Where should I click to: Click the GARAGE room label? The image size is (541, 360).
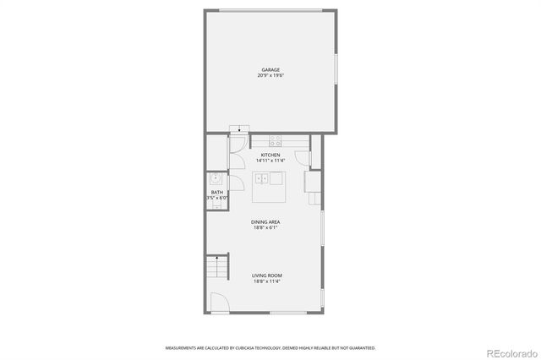pos(270,70)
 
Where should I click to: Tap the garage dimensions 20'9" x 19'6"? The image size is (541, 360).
pos(270,76)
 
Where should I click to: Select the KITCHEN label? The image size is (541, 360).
pos(270,155)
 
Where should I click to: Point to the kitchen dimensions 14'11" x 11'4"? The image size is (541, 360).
pos(270,161)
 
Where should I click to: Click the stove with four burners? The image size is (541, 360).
pos(276,140)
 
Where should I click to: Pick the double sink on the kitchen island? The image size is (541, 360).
pos(265,178)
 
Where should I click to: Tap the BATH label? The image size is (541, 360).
pos(217,193)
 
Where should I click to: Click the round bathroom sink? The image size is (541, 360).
pos(216,178)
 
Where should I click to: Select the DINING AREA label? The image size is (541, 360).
pos(266,222)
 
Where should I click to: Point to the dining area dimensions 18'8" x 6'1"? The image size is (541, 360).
pos(266,228)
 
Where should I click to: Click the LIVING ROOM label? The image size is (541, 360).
pos(267,275)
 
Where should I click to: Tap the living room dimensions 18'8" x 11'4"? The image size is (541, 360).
pos(267,281)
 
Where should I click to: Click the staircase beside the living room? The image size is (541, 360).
pos(217,269)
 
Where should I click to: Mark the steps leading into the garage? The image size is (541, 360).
pos(240,129)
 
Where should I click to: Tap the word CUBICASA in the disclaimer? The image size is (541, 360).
pos(235,347)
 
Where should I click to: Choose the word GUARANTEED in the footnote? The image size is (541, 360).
pos(362,347)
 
